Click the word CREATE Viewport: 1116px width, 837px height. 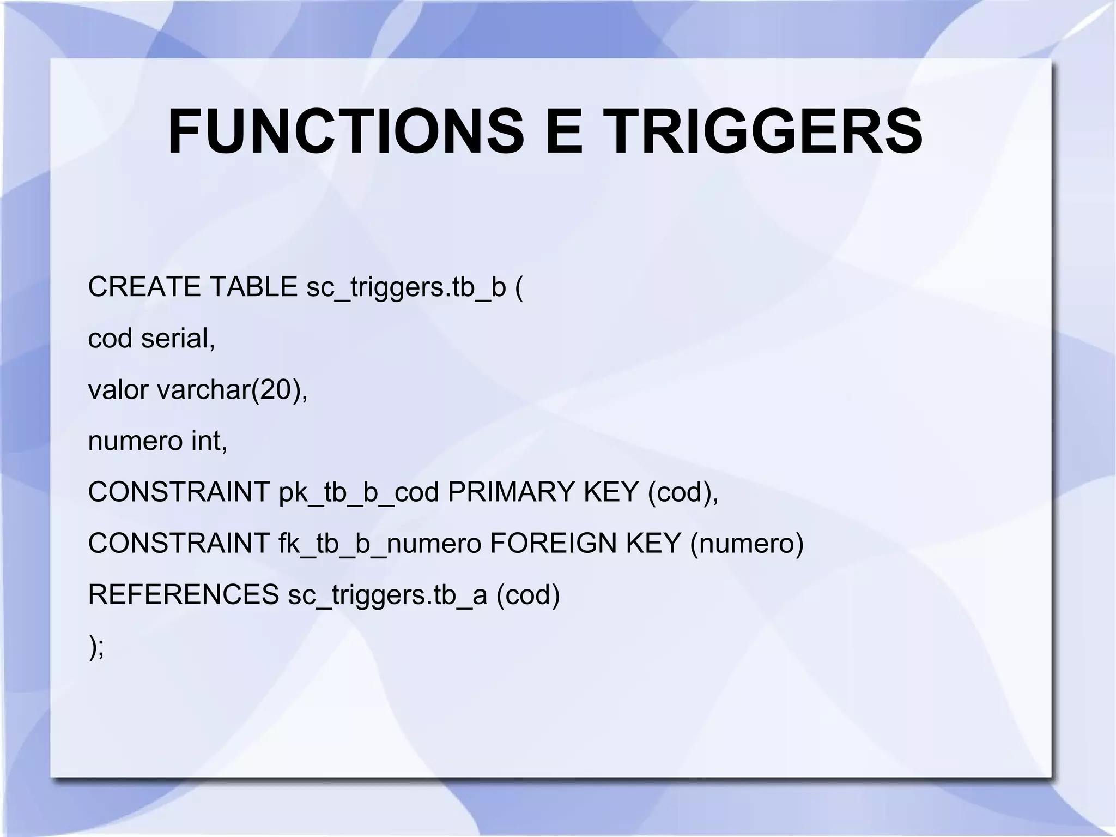pyautogui.click(x=144, y=287)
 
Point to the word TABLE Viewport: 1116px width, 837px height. pyautogui.click(x=253, y=287)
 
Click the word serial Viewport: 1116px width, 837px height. pyautogui.click(x=178, y=339)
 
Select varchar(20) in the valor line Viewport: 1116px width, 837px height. pyautogui.click(x=232, y=390)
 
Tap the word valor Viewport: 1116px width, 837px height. pyautogui.click(x=118, y=390)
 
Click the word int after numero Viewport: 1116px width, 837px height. pyautogui.click(x=209, y=441)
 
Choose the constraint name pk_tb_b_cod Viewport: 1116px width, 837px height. pyautogui.click(x=359, y=493)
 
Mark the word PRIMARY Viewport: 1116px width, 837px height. pyautogui.click(x=511, y=492)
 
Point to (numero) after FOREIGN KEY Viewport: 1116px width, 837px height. pyautogui.click(x=747, y=544)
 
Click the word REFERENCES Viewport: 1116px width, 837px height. pyautogui.click(x=183, y=594)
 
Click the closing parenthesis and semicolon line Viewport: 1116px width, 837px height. pyautogui.click(x=96, y=647)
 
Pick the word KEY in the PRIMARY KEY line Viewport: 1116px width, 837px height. pyautogui.click(x=611, y=492)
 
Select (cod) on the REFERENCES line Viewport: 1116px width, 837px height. pyautogui.click(x=527, y=595)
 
